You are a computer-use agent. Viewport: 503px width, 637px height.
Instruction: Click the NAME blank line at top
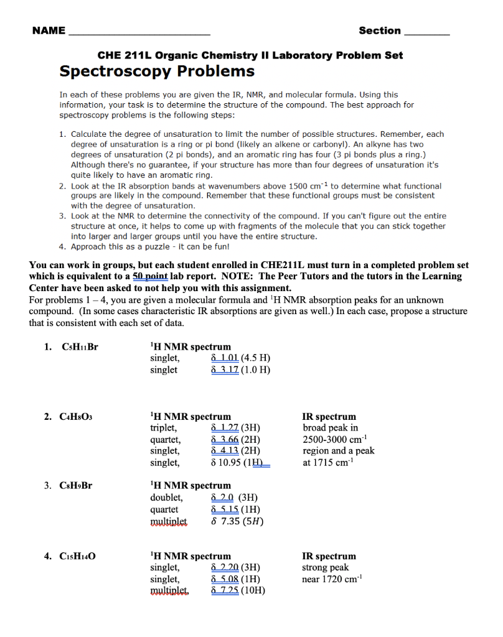[x=138, y=32]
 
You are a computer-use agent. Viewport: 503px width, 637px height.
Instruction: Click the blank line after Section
[x=426, y=32]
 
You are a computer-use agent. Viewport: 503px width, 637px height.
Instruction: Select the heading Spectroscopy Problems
[x=157, y=71]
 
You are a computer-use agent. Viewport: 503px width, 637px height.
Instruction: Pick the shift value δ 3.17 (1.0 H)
[x=240, y=370]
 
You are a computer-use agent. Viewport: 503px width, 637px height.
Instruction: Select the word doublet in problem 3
[x=166, y=498]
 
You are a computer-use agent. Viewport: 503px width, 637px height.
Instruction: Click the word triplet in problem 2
[x=164, y=428]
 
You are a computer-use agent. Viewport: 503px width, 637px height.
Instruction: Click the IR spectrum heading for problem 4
[x=329, y=556]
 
